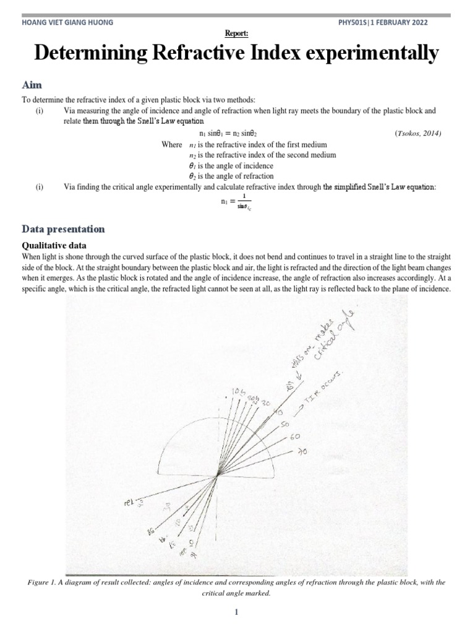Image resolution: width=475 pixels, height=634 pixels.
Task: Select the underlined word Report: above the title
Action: point(237,35)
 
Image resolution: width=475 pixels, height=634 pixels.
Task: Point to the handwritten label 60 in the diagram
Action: point(294,437)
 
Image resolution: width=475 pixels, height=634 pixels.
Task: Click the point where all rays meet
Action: point(218,475)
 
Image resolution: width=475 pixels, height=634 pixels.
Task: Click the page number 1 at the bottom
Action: point(237,612)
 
